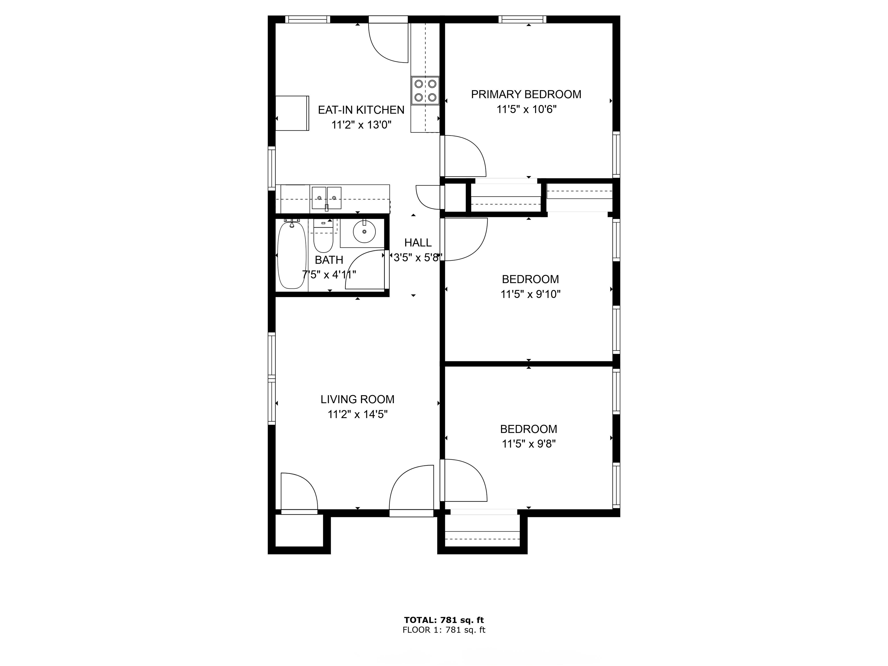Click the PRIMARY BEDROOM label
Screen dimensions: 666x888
526,94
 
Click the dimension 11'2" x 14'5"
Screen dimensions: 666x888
357,414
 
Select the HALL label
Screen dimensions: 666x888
418,243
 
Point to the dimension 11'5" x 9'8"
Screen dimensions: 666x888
528,444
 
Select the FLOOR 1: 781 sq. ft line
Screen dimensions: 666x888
444,630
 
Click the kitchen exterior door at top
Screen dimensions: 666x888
388,42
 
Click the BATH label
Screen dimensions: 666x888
329,260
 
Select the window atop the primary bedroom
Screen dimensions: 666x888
522,19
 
